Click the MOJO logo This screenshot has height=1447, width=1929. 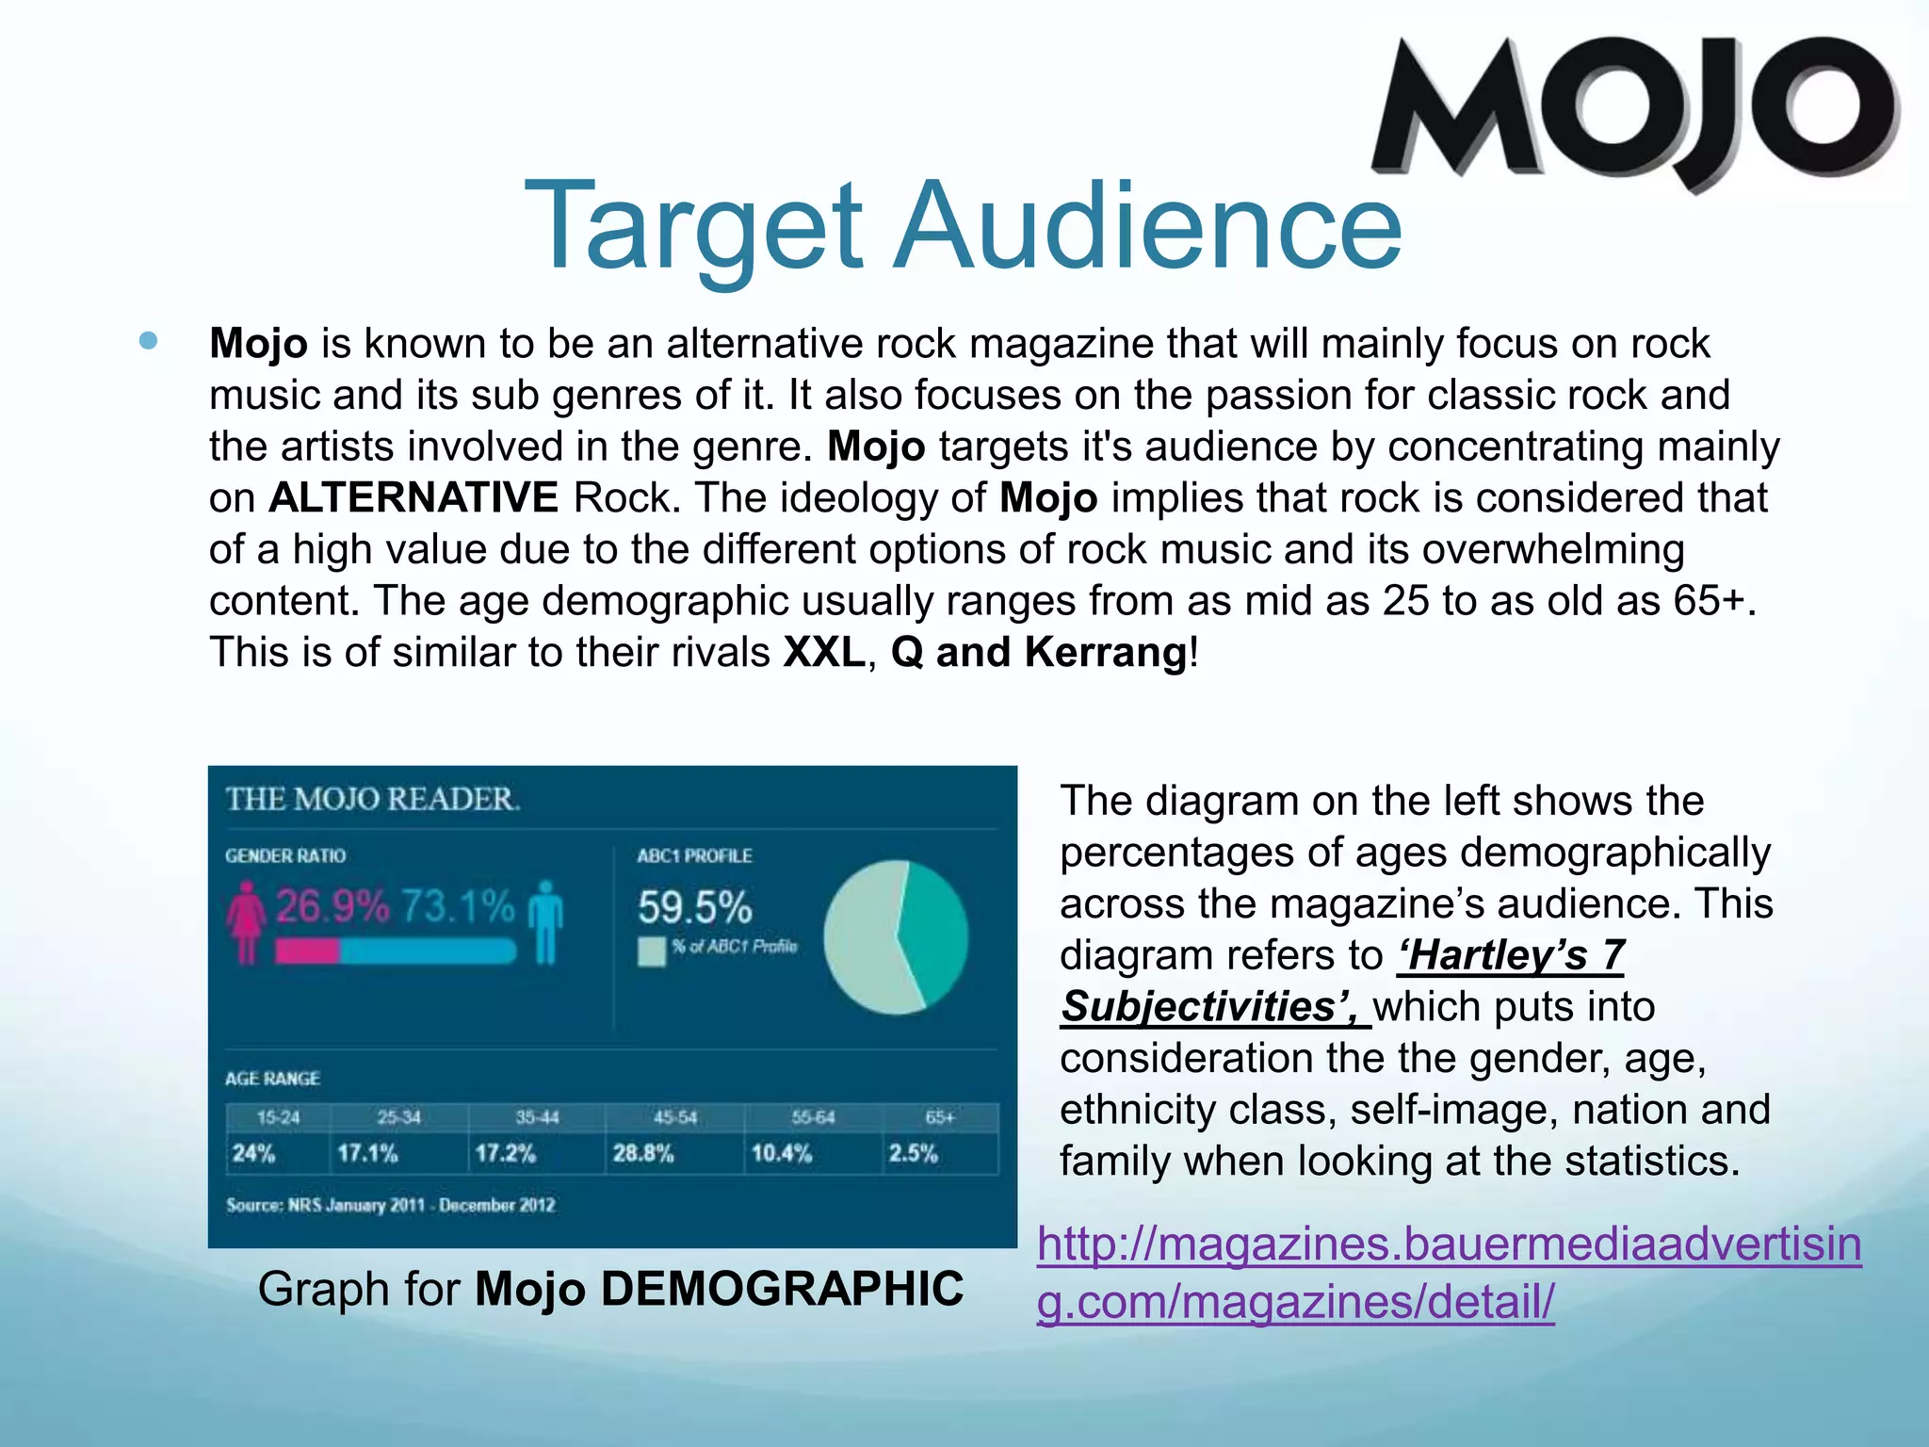click(x=1634, y=108)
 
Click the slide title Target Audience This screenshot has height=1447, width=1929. click(x=963, y=226)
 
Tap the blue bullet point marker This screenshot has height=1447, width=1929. click(x=148, y=341)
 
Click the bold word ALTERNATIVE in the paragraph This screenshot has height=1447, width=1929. click(x=413, y=497)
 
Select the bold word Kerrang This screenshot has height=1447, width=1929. click(x=1106, y=652)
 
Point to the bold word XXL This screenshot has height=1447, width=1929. click(x=824, y=652)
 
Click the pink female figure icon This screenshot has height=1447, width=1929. click(x=246, y=921)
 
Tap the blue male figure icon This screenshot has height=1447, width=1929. click(x=545, y=921)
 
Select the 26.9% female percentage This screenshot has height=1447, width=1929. click(x=332, y=906)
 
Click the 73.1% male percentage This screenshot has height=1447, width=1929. click(x=458, y=906)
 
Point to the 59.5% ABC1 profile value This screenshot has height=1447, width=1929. click(x=694, y=908)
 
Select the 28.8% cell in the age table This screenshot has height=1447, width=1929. click(x=643, y=1153)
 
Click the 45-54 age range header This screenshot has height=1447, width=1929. click(x=675, y=1117)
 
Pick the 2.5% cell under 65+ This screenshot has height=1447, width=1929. click(x=913, y=1153)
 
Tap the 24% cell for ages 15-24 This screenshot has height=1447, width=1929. click(x=253, y=1153)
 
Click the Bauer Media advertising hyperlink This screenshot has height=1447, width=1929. click(x=1449, y=1274)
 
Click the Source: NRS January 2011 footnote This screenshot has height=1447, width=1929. click(x=390, y=1205)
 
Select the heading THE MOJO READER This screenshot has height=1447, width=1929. click(x=372, y=799)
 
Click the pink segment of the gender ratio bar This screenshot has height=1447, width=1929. click(x=307, y=951)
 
